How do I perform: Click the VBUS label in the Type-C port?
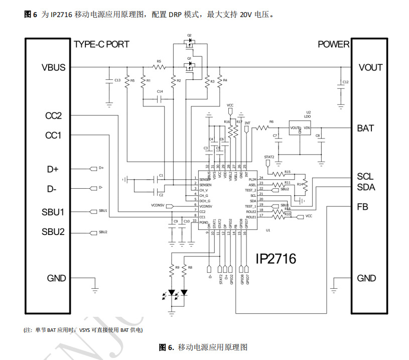click(53, 67)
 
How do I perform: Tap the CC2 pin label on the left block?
click(53, 116)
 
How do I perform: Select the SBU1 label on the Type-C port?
click(53, 212)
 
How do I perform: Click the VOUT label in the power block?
click(370, 67)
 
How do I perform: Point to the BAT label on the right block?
click(365, 129)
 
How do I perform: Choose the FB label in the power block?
click(362, 206)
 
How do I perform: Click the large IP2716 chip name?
click(276, 259)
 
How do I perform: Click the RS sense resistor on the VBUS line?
click(160, 67)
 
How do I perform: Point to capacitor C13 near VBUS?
click(108, 80)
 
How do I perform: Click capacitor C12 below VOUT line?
click(341, 82)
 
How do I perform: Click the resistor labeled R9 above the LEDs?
click(172, 268)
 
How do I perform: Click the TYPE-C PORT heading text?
click(101, 44)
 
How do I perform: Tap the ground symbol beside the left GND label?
click(94, 288)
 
